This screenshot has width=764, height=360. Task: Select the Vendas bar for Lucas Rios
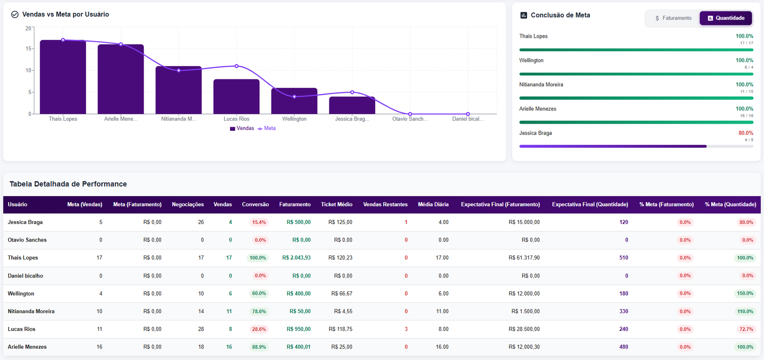coord(236,97)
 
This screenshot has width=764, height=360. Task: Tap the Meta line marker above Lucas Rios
coord(236,66)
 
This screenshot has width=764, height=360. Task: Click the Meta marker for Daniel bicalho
coord(467,114)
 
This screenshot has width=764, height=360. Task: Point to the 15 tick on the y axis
coord(29,49)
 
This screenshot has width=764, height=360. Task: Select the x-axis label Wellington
coord(294,119)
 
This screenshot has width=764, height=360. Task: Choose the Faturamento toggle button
coord(673,18)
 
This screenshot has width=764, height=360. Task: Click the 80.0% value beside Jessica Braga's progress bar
coord(745,133)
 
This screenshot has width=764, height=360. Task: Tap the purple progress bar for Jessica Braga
coord(613,147)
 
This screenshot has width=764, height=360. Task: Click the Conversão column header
coord(255,204)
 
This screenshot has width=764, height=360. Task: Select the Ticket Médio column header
coord(336,204)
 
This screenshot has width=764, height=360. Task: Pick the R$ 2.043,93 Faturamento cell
coord(296,258)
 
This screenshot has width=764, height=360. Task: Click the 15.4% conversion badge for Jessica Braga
coord(259,222)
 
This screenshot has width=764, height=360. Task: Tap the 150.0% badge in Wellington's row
coord(744,294)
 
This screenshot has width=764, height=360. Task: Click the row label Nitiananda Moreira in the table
coord(31,311)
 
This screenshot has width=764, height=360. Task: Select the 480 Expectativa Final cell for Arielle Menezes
coord(623,347)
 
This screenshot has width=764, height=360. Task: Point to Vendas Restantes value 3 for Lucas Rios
coord(406,329)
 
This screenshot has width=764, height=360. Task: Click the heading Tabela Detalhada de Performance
coord(68,184)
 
